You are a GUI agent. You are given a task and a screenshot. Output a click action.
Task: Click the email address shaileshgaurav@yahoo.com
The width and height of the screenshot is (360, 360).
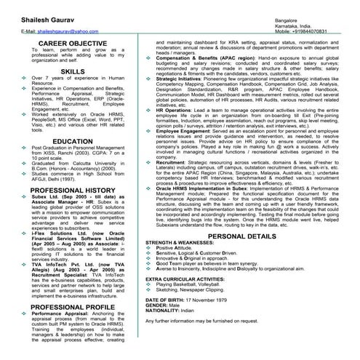click(57, 32)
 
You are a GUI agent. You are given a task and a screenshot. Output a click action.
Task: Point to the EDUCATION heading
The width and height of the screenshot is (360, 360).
click(72, 141)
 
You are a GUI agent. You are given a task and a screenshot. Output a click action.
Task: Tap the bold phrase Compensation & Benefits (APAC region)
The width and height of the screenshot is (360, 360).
click(196, 55)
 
